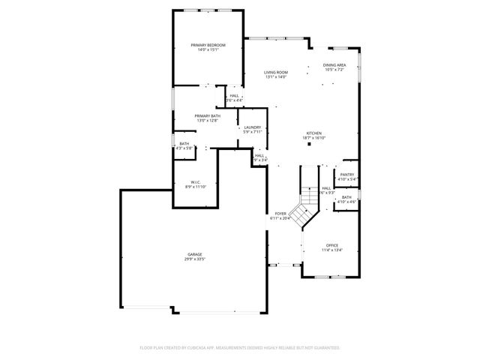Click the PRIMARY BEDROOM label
(208, 46)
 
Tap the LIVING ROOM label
(276, 72)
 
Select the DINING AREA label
(334, 65)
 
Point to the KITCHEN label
(313, 133)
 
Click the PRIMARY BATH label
(208, 115)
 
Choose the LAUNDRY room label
(253, 127)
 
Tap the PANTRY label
(346, 175)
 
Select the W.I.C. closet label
(195, 181)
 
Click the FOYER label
(280, 214)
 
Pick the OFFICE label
(332, 246)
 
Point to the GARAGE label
(195, 254)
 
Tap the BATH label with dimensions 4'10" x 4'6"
(346, 197)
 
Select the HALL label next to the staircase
(326, 188)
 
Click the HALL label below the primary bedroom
(234, 96)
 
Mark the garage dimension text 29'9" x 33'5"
(195, 259)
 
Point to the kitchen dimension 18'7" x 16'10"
(313, 138)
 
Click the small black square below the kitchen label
(309, 145)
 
